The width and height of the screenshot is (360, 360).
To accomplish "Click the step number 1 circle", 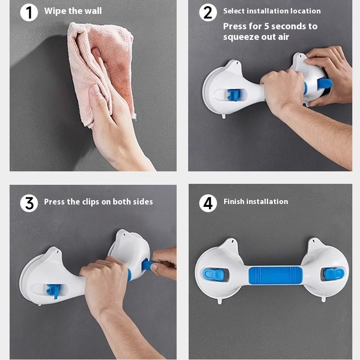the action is (x=29, y=12).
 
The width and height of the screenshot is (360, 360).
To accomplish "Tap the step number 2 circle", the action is (x=208, y=12).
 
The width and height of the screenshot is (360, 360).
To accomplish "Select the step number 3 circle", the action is (x=29, y=203).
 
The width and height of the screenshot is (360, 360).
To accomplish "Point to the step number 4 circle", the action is (x=208, y=203).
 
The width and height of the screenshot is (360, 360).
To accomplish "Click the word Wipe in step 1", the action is (x=52, y=11).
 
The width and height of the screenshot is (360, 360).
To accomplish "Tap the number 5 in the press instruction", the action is (x=266, y=26).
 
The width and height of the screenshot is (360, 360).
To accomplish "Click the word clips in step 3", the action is (x=91, y=202).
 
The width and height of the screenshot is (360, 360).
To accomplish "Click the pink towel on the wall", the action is (x=101, y=73).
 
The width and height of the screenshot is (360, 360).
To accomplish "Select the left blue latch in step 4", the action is (x=213, y=273).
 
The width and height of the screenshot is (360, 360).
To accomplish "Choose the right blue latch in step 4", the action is (x=334, y=273).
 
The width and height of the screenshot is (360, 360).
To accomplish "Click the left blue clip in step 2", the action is (x=233, y=95).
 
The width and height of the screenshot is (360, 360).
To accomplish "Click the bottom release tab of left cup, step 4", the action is (x=220, y=301).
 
